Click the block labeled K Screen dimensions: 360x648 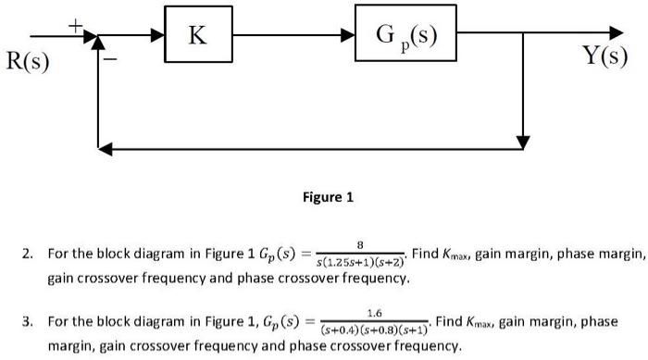tap(198, 35)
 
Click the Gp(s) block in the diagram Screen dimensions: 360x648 tap(406, 35)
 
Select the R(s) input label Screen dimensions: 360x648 tap(29, 63)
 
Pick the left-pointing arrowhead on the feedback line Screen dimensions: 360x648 tap(105, 148)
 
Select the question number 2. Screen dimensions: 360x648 tap(28, 254)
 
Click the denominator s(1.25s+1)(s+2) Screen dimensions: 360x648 tap(360, 261)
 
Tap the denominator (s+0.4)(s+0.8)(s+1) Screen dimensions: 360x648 tap(374, 330)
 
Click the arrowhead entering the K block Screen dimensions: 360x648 tap(158, 35)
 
